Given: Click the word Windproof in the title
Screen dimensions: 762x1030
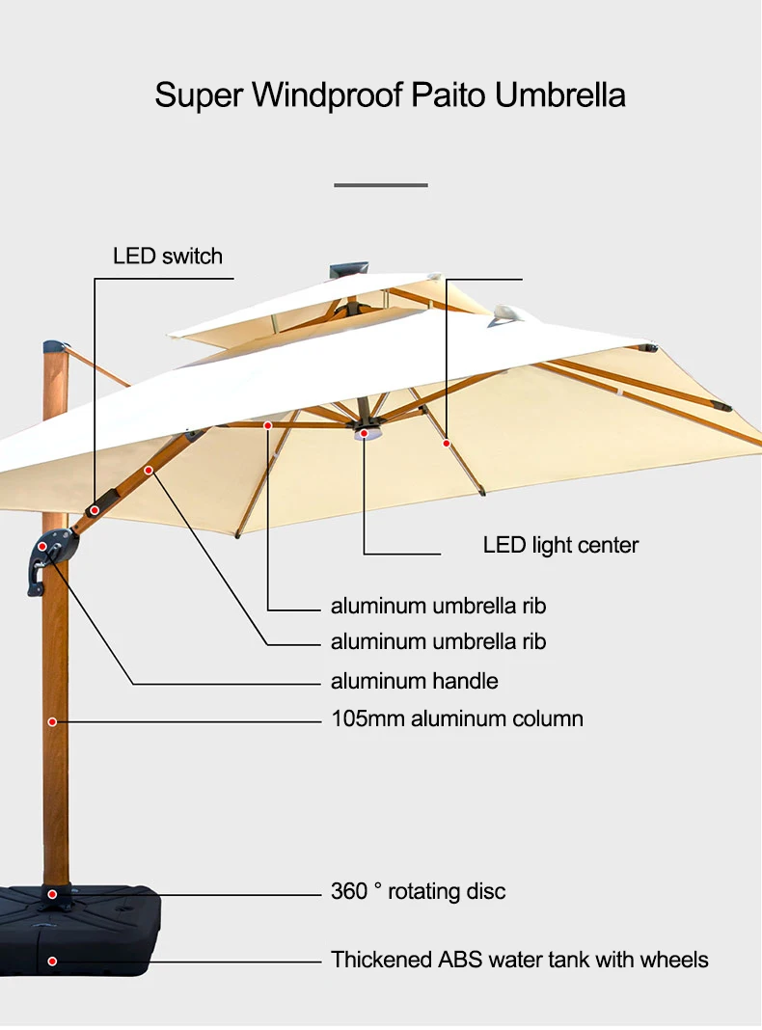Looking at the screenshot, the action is click(x=328, y=95).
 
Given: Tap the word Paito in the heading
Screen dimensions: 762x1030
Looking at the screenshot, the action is click(x=449, y=95).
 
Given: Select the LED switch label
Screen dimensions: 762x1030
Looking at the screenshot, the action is click(x=168, y=256).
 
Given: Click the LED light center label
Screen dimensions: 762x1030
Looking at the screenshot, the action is click(x=560, y=545).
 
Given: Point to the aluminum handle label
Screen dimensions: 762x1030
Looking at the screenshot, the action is click(x=415, y=681).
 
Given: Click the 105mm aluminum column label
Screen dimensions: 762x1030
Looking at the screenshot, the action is click(x=457, y=718).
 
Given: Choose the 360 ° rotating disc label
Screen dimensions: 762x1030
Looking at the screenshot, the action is click(x=419, y=891).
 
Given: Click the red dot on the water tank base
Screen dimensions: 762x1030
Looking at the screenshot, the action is click(x=52, y=962).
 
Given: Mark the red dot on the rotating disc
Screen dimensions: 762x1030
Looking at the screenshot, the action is click(x=52, y=894).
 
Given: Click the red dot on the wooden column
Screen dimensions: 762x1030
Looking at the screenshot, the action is click(x=52, y=722).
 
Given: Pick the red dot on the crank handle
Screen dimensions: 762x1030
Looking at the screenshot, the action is click(x=42, y=547).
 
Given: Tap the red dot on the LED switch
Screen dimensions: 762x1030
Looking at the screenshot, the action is click(x=95, y=510).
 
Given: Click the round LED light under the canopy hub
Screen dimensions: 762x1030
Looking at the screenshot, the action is click(x=364, y=434).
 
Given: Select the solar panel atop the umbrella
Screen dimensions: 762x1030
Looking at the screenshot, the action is click(x=349, y=269).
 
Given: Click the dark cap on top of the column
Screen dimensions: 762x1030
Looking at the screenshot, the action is click(x=55, y=347).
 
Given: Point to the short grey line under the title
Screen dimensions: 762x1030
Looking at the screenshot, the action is click(x=381, y=185).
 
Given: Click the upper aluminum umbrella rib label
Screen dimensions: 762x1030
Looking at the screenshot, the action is click(x=438, y=606).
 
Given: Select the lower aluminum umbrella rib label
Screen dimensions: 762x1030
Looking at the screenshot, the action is click(x=438, y=641).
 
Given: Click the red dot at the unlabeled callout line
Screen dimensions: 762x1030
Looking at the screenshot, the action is click(x=447, y=444).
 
